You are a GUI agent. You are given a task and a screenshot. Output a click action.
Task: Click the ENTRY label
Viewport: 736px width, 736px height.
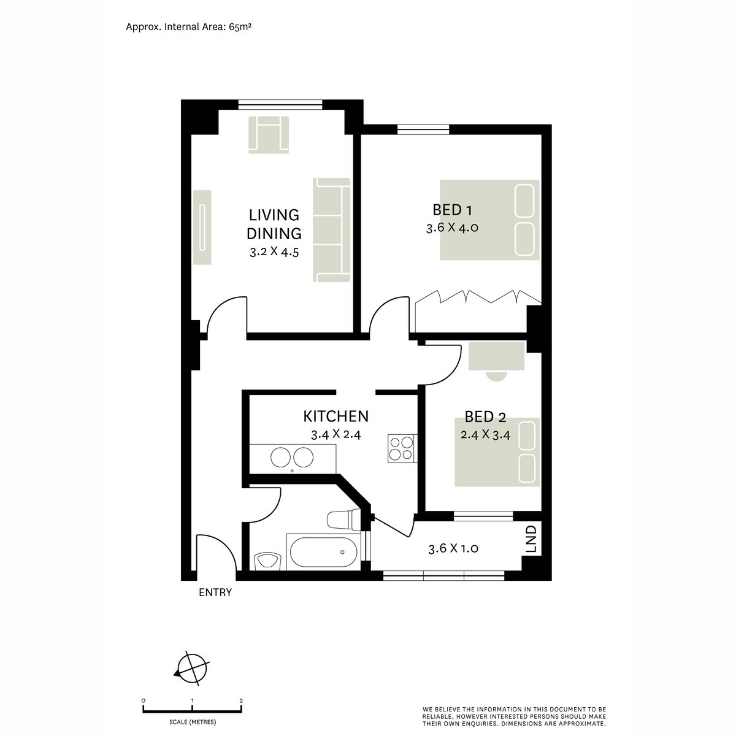(x=215, y=592)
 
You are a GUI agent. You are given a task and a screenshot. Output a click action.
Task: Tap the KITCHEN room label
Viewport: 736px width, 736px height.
(x=335, y=416)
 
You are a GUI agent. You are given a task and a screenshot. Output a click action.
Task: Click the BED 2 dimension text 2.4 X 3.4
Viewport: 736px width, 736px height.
(x=485, y=435)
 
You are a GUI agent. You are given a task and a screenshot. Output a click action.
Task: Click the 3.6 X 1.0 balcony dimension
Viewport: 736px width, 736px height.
(x=453, y=548)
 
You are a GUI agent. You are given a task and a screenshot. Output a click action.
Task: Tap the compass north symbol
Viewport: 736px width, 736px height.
(x=192, y=667)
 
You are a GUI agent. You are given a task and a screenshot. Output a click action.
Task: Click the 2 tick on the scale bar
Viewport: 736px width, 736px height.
(x=241, y=700)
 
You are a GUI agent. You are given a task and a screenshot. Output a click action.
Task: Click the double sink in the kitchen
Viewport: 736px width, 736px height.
(x=292, y=457)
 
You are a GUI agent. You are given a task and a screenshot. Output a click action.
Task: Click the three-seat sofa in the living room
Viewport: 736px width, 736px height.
(x=331, y=231)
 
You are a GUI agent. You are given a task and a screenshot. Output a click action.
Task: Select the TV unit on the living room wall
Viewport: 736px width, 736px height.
(x=202, y=228)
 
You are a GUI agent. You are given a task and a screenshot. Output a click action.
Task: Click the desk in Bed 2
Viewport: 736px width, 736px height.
(x=496, y=356)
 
